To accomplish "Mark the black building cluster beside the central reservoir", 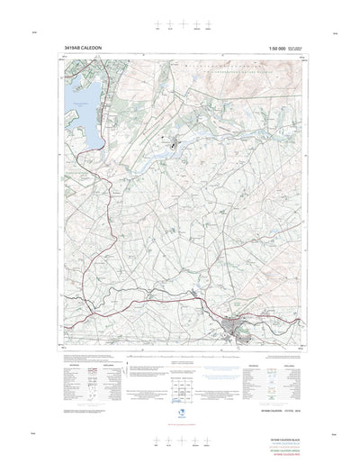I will (174, 140).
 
